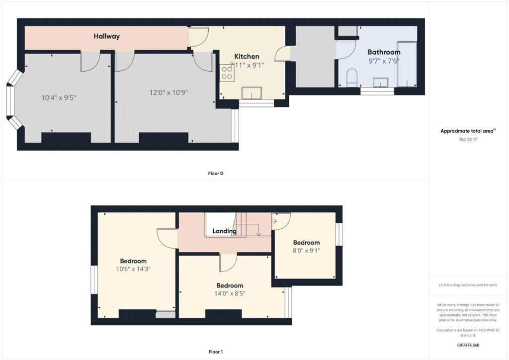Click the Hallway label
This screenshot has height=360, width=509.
pos(107,36)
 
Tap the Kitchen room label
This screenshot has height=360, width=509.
pos(247,56)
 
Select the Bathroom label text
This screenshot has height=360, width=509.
pos(383,52)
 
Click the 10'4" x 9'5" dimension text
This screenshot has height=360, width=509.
pos(59,98)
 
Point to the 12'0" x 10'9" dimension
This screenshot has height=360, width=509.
pos(169,92)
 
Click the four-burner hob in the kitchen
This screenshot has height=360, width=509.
pos(227,73)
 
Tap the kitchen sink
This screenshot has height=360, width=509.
pos(252,92)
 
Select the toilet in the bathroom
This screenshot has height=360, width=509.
pos(352,77)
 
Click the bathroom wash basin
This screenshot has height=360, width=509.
pos(382,82)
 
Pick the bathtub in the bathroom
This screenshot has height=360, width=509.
pos(407,64)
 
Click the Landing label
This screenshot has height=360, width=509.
pos(224,231)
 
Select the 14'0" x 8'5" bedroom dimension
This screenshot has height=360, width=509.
pos(230,293)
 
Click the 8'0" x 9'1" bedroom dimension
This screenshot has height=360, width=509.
pos(306,251)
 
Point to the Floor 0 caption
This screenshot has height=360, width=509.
pos(216,174)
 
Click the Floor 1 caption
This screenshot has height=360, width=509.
pos(216,352)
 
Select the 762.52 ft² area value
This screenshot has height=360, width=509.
pos(468,140)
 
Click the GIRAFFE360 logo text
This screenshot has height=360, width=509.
pos(468,345)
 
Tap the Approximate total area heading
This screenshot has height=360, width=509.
pos(468,131)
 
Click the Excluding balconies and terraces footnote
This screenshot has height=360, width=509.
pos(468,285)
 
